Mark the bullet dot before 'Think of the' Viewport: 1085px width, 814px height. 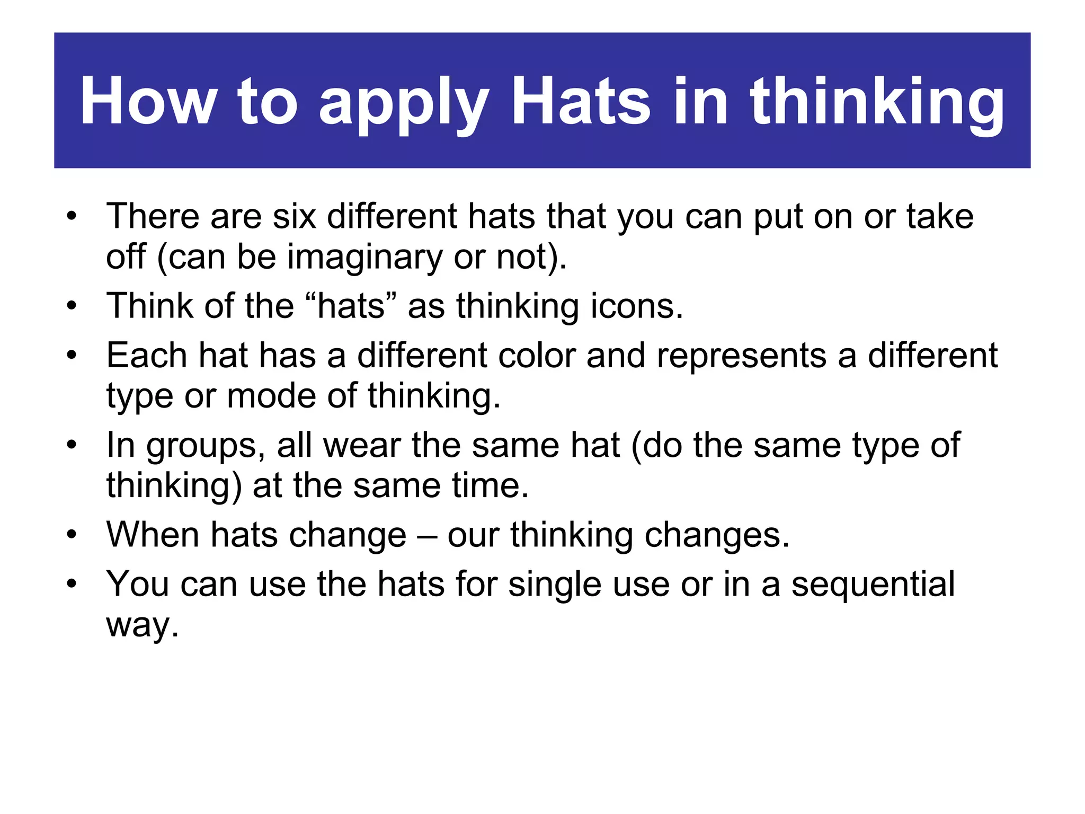pos(72,306)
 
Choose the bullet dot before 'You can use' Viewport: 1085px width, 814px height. pos(72,584)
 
